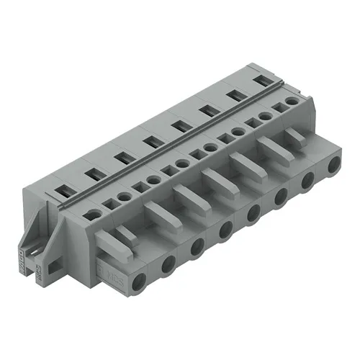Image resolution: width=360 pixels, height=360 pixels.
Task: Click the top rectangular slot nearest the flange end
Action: pyautogui.click(x=62, y=190)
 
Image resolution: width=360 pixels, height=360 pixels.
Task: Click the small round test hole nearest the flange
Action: pyautogui.click(x=94, y=214)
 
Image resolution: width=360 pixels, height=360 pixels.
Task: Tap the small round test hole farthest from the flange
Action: pyautogui.click(x=291, y=103)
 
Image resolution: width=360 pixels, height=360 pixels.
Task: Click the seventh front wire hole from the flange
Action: pyautogui.click(x=307, y=182)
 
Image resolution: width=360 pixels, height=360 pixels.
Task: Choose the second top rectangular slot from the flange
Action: pyautogui.click(x=91, y=173)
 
